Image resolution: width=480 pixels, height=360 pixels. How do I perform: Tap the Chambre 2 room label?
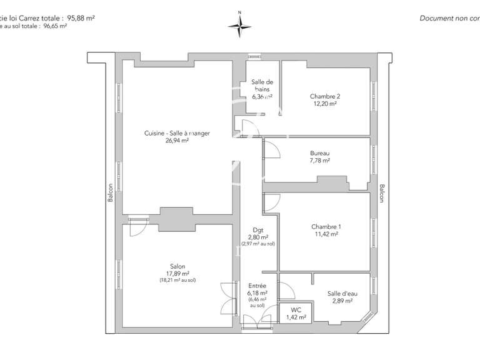click(325, 96)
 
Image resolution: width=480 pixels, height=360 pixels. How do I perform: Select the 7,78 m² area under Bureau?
click(320, 161)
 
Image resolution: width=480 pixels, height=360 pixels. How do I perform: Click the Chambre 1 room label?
click(326, 227)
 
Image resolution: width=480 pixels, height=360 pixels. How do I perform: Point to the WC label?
click(296, 310)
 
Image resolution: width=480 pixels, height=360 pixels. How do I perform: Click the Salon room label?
click(177, 266)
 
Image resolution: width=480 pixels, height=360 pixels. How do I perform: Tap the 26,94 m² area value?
click(177, 141)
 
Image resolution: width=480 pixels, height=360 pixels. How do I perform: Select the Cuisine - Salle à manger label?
click(177, 133)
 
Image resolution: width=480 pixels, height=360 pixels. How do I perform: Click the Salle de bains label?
click(262, 86)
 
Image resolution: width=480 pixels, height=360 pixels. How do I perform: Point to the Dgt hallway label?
click(257, 229)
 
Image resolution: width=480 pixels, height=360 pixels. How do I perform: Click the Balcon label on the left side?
click(111, 192)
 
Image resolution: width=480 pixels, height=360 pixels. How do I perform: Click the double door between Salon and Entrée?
click(226, 299)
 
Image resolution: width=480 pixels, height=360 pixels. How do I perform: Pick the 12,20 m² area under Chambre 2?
click(325, 104)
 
